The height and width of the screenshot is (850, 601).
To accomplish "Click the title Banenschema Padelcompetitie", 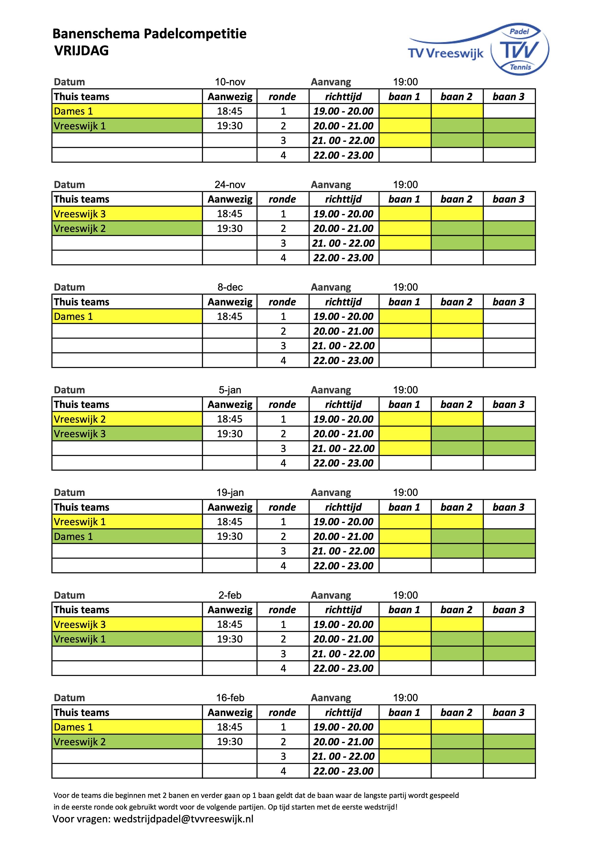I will click(150, 34).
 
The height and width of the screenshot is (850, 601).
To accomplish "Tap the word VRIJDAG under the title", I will click(81, 51).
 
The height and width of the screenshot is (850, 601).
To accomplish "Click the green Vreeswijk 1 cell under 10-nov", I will click(127, 126).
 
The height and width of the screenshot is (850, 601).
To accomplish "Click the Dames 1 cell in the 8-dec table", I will click(127, 317).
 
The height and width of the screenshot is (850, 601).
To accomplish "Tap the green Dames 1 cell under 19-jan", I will click(127, 536).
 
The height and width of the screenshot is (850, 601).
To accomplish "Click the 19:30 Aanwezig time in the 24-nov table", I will click(230, 228).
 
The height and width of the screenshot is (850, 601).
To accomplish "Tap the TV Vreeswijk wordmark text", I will click(446, 54).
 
